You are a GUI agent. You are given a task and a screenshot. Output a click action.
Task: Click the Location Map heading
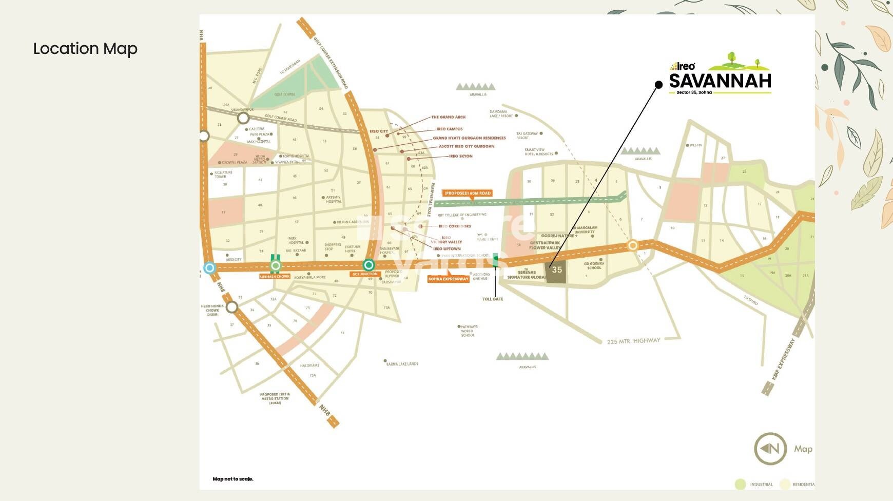coord(85,49)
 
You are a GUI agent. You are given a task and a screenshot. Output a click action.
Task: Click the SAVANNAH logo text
coord(720,81)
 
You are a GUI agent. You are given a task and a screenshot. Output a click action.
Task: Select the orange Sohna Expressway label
coord(449,279)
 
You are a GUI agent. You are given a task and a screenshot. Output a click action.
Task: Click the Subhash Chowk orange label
coord(275,277)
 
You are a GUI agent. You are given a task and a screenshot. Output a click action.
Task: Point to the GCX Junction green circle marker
coord(368,265)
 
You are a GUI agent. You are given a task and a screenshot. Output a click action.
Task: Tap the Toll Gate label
coord(493,299)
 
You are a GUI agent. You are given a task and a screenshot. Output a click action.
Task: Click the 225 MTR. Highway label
coord(633,341)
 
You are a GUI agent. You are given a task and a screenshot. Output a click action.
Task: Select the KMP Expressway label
coord(783,359)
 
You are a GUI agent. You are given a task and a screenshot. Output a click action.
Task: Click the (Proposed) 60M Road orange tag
coord(467,193)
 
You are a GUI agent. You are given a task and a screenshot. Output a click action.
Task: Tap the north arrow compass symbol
coord(770,449)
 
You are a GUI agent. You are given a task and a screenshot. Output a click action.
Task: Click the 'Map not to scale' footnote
coord(233,479)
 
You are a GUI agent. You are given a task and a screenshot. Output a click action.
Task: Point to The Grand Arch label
coord(448,117)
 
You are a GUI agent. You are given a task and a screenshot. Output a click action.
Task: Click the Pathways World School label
coord(468,331)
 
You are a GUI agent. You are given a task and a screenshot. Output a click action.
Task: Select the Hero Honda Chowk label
coord(212,310)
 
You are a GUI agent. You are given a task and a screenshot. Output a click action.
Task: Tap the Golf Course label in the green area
coord(284,94)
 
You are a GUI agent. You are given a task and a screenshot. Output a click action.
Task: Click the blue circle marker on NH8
coord(209,267)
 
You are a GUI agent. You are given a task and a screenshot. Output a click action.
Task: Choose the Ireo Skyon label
coord(460,156)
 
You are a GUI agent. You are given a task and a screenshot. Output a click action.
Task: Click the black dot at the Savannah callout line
coord(659,85)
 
